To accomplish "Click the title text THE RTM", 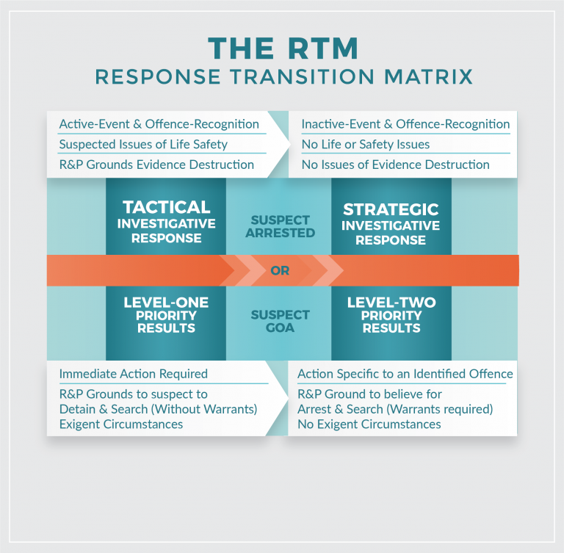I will tap(283, 48).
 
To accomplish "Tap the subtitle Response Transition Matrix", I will tap(283, 76).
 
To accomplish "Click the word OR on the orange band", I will tap(280, 271).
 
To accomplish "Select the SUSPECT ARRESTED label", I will tap(280, 226).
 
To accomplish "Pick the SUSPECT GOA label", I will tap(280, 321).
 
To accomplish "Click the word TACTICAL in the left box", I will tap(167, 208).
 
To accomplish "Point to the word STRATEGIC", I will tap(391, 210).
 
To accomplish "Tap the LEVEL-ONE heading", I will tap(166, 303).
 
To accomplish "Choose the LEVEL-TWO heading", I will tap(391, 303).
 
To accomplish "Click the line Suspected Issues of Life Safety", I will tap(143, 145).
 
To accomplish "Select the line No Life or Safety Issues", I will tap(366, 145).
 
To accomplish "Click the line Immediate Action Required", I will tap(133, 374).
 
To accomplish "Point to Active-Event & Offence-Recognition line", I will tap(159, 124).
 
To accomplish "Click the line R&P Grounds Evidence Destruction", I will tap(156, 165).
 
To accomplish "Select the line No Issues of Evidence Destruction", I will tap(395, 165).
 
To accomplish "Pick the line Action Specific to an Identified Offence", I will tap(405, 374).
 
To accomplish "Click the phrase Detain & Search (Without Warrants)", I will tap(158, 409).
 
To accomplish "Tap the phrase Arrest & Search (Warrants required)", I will tap(395, 409).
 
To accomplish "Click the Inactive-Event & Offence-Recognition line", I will tap(405, 124).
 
